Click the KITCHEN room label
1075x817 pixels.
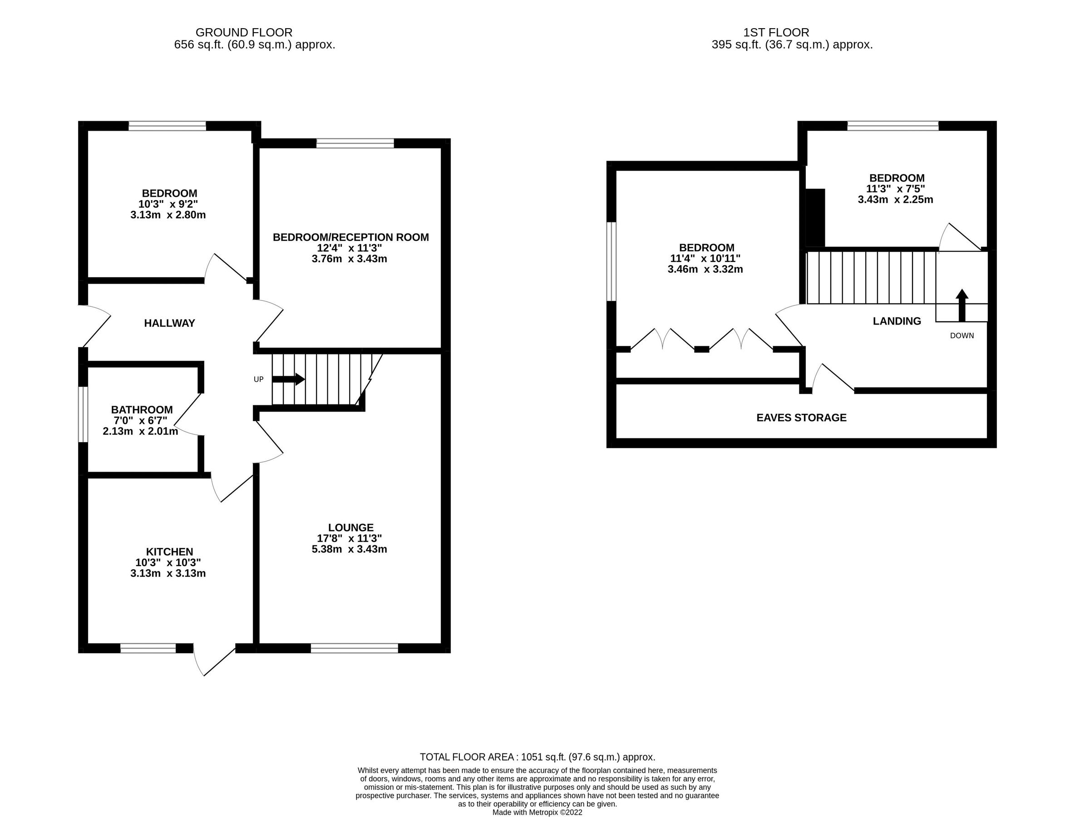tap(169, 551)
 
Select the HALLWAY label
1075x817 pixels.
tap(169, 323)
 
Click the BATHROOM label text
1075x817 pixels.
tap(142, 409)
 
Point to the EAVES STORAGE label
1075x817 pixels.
tap(801, 417)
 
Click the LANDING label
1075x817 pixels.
tap(897, 321)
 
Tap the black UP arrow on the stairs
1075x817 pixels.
tap(288, 379)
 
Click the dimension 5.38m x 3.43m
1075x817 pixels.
tap(349, 549)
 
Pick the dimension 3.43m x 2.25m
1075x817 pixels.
tap(895, 199)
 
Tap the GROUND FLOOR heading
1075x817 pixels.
tap(244, 33)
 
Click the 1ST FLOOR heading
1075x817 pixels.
tap(776, 33)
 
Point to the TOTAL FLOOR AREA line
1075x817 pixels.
tap(537, 757)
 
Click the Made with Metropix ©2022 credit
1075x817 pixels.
tap(537, 812)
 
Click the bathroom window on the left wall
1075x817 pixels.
tap(83, 414)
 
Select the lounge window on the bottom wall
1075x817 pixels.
tap(354, 648)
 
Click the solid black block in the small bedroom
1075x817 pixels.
tap(815, 218)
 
